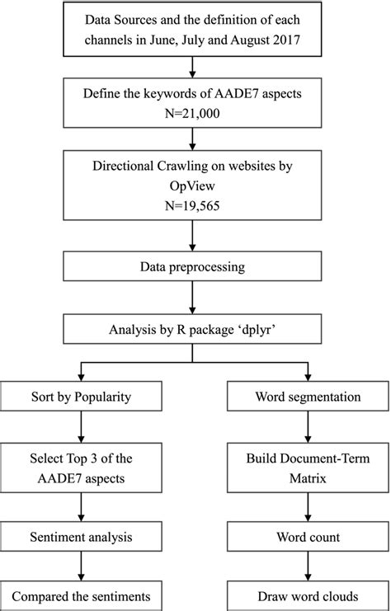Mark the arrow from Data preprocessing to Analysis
(191, 300)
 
